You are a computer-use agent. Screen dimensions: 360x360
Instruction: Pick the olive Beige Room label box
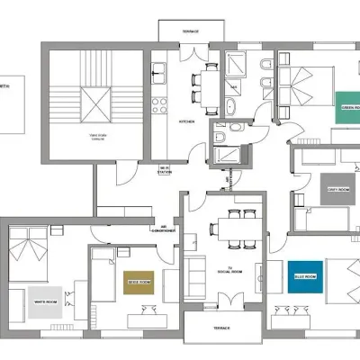pos(139,283)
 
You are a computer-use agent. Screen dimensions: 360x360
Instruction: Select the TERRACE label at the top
pos(191,31)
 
